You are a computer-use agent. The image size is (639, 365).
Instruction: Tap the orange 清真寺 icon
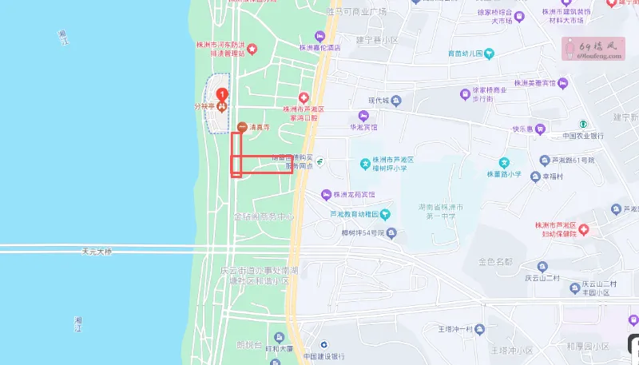pos(242,126)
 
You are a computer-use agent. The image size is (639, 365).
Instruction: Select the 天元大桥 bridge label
pos(98,251)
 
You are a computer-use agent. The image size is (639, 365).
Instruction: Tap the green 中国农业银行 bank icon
pos(584,124)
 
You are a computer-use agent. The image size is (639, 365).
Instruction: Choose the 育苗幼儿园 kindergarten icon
pos(490,54)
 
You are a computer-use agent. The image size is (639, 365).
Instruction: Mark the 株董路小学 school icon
pos(504,162)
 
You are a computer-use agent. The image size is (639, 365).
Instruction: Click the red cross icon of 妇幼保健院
pos(584,230)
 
